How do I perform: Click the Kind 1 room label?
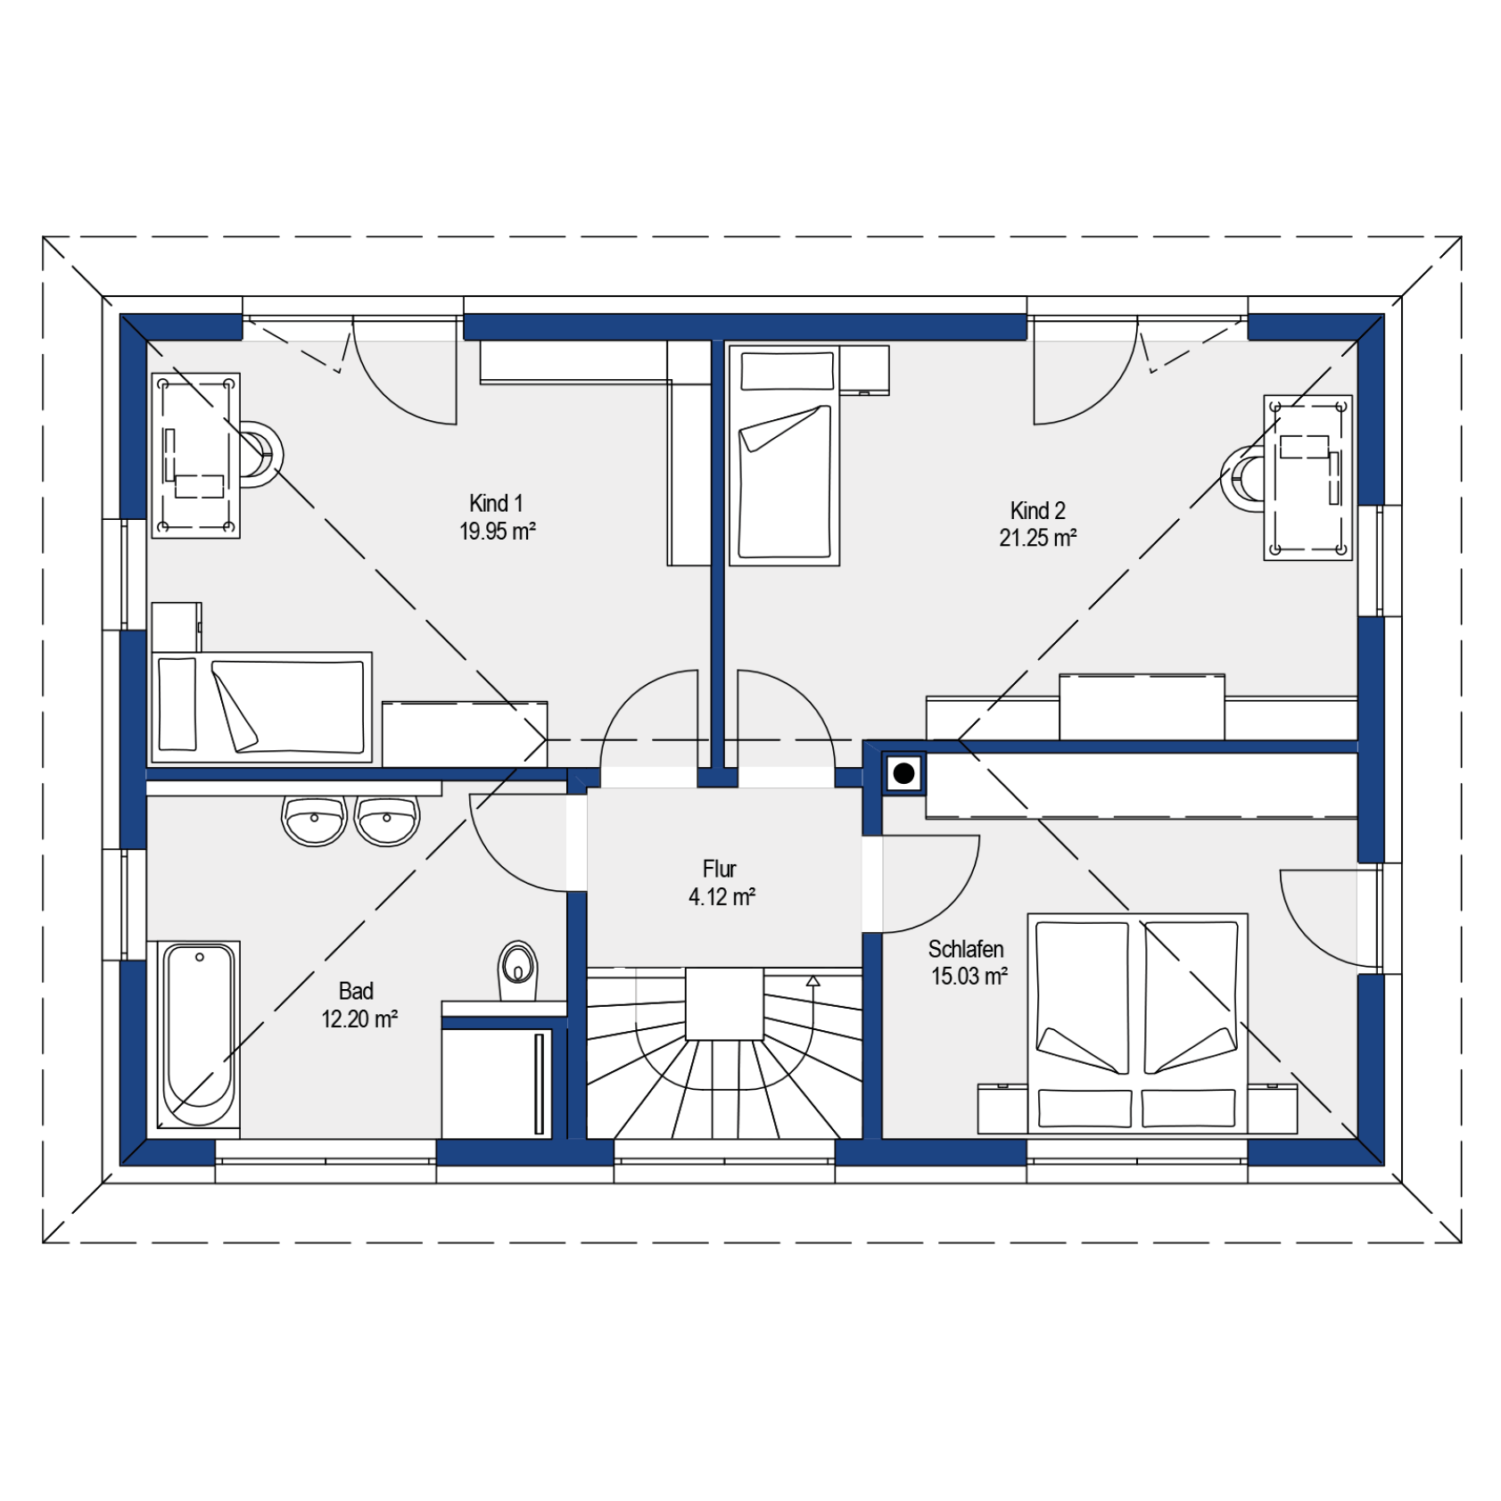point(496,504)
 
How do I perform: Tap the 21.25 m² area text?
point(1037,538)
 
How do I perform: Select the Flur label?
point(720,869)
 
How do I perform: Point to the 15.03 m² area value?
point(969,977)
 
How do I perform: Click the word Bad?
point(356,991)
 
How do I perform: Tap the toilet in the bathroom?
point(517,970)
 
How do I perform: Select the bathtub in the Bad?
point(199,1035)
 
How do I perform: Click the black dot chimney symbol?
point(903,773)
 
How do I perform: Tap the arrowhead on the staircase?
point(812,981)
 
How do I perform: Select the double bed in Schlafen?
point(1137,1024)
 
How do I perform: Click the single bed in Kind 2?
point(785,455)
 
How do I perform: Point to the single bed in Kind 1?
point(261,707)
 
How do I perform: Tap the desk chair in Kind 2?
point(1242,479)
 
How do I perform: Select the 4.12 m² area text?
point(722,897)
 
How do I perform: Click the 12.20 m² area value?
point(359,1019)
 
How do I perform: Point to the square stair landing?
point(724,1004)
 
